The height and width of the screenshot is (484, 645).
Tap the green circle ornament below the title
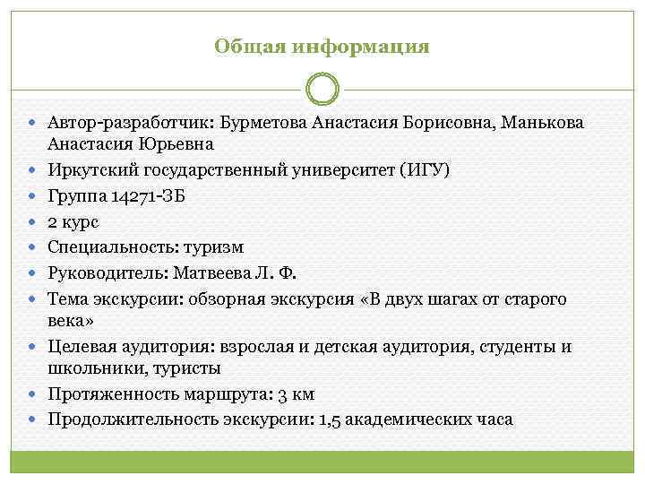tap(322, 91)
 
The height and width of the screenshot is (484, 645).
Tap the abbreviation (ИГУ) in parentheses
tap(428, 169)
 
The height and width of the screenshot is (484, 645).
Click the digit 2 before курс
tap(54, 220)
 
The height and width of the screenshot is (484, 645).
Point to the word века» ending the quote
tap(69, 320)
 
